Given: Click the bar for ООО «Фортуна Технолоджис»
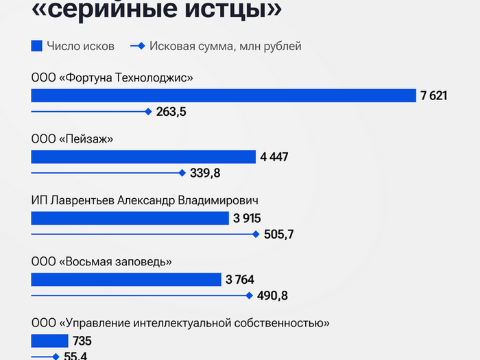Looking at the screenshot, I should pyautogui.click(x=224, y=95).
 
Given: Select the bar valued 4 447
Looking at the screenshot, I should pyautogui.click(x=143, y=157).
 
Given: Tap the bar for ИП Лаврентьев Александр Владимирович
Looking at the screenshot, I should pyautogui.click(x=130, y=218).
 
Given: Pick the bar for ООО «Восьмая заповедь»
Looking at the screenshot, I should pyautogui.click(x=126, y=279).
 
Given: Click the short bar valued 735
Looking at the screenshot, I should pyautogui.click(x=49, y=341).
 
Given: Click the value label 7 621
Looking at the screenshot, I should pyautogui.click(x=433, y=95).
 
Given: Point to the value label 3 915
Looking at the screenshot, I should pyautogui.click(x=247, y=219).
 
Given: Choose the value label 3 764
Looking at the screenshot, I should pyautogui.click(x=239, y=279).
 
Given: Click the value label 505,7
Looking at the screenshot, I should pyautogui.click(x=278, y=235).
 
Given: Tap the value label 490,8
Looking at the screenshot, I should pyautogui.click(x=272, y=296).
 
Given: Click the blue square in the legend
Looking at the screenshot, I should pyautogui.click(x=37, y=46).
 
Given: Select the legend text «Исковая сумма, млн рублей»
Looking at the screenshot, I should pyautogui.click(x=225, y=46).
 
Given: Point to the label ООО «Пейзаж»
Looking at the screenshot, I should pyautogui.click(x=72, y=139).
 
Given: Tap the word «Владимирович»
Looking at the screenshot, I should pyautogui.click(x=218, y=200).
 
